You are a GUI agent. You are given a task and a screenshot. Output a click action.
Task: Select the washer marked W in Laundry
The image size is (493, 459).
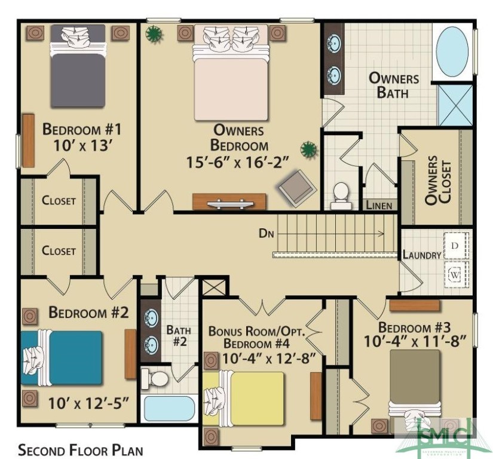(x=455, y=274)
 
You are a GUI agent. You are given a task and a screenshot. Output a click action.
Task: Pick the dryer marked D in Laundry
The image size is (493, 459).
(x=455, y=246)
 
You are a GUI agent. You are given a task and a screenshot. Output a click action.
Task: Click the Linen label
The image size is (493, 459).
(x=379, y=206)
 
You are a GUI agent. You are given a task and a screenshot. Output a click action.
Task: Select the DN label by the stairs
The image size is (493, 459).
(x=267, y=233)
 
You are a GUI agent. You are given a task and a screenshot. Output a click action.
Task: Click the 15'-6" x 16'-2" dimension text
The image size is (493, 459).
(x=239, y=161)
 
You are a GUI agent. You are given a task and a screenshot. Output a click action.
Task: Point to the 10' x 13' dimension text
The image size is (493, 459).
(x=82, y=145)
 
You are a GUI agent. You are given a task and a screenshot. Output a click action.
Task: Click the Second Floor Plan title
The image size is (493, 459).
(x=80, y=449)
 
